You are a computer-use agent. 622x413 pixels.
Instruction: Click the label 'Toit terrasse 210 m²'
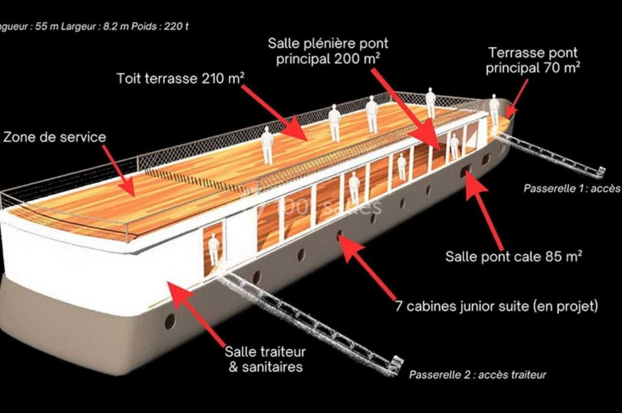[x=180, y=78]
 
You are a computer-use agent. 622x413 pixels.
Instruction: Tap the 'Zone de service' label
[x=54, y=137]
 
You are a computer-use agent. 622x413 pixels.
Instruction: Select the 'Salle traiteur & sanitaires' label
[x=265, y=359]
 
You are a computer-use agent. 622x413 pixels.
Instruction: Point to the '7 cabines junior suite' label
[x=496, y=306]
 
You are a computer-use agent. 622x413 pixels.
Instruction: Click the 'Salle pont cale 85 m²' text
[x=514, y=256]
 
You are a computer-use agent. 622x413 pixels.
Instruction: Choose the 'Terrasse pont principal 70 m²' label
[x=533, y=60]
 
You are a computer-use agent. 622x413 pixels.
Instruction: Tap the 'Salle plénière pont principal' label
[x=328, y=51]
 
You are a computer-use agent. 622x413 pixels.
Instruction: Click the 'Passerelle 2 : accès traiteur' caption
[x=477, y=375]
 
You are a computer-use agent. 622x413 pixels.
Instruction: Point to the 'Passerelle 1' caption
[x=571, y=188]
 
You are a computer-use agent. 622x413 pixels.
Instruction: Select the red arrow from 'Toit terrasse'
[x=275, y=112]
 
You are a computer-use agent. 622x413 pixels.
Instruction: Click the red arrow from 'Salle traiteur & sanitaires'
[x=197, y=311]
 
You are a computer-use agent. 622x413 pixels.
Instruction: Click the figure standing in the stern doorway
[x=214, y=249]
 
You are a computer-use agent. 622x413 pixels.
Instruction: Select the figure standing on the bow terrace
[x=494, y=109]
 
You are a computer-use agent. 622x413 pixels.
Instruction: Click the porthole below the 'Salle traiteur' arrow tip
[x=170, y=321]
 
